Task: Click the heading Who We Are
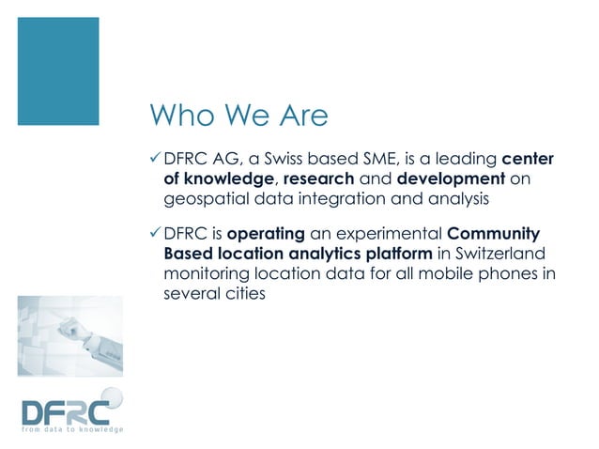[239, 116]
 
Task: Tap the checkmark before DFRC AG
[155, 156]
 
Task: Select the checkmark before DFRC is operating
[155, 232]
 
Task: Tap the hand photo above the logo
[74, 339]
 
